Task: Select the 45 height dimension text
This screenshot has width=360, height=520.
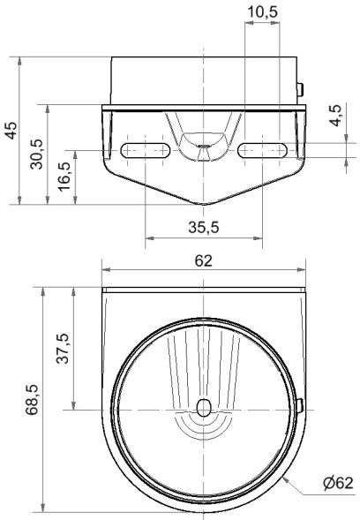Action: (x=11, y=131)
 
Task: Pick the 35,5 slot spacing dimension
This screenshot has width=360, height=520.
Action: (x=204, y=227)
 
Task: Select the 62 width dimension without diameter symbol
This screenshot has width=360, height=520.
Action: (x=203, y=260)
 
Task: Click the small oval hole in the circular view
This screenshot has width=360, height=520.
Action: (x=204, y=408)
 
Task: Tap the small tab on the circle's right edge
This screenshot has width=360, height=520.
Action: (x=301, y=407)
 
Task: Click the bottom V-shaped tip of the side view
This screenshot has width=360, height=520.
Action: (x=204, y=202)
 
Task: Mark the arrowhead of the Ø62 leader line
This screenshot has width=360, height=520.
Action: (x=289, y=474)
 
